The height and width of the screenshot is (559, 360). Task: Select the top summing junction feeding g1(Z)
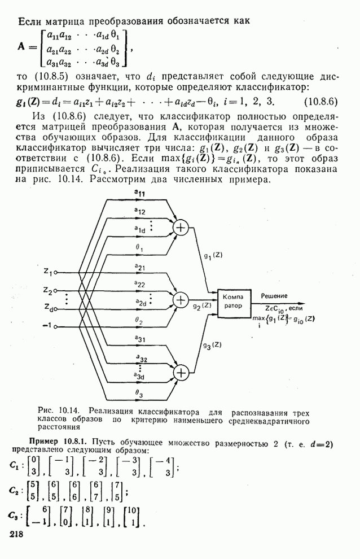tap(181, 227)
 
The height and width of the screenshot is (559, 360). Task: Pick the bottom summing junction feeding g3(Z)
tap(181, 372)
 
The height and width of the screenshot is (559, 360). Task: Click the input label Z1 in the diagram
tap(48, 273)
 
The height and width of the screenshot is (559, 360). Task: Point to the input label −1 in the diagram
tap(48, 326)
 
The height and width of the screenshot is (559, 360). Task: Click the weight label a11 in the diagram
tap(138, 193)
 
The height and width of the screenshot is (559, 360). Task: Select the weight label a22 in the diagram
tap(139, 284)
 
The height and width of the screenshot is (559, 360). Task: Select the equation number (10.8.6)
tap(320, 102)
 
